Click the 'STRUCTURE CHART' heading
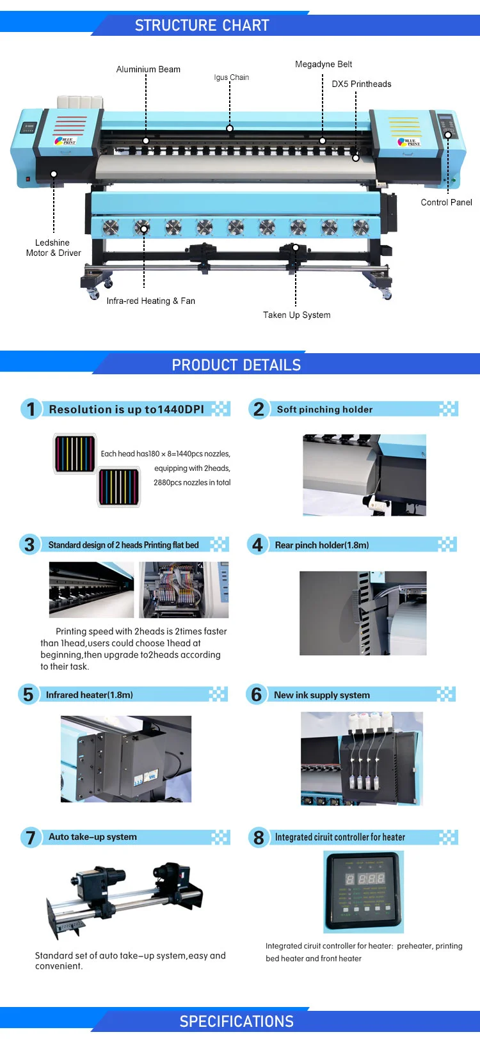[x=202, y=26]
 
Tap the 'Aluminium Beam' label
[x=148, y=69]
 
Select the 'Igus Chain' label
[x=232, y=77]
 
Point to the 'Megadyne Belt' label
[x=323, y=64]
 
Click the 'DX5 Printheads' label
[x=361, y=84]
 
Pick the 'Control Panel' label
[x=446, y=202]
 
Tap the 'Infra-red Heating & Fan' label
[x=150, y=301]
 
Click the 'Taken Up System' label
[x=296, y=315]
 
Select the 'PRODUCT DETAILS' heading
[x=236, y=365]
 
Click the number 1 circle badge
[x=30, y=409]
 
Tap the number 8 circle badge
[x=259, y=837]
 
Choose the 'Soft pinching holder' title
[x=324, y=409]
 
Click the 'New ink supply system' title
[x=321, y=695]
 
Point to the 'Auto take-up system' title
[x=93, y=837]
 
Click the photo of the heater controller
[x=364, y=891]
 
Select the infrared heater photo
[x=125, y=759]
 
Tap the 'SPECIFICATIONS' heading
[x=236, y=1022]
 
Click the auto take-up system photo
[x=124, y=899]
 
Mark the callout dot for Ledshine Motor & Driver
[x=54, y=174]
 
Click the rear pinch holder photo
[x=363, y=613]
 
